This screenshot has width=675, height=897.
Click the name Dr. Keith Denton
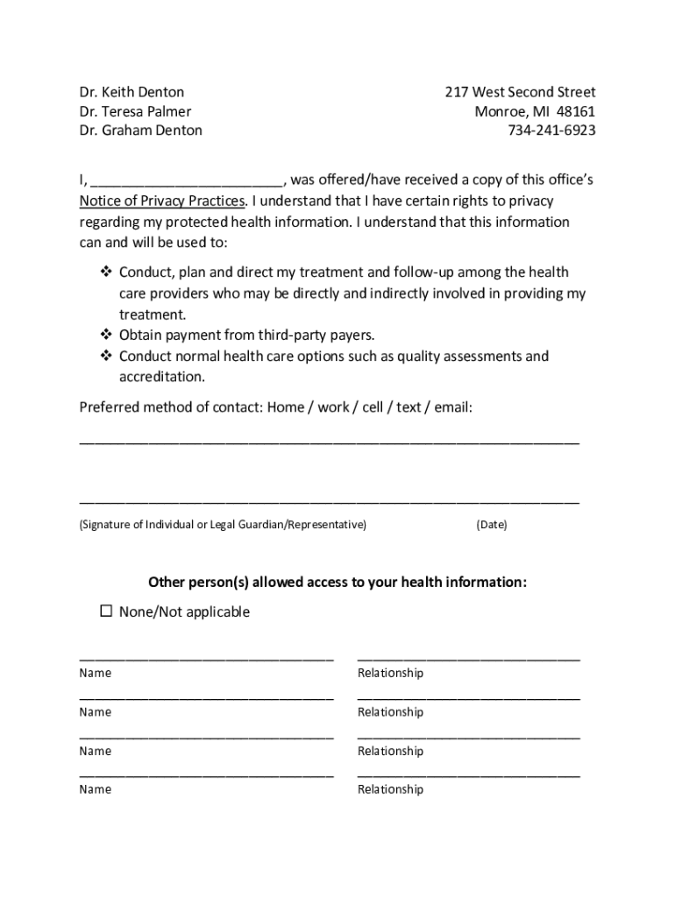point(131,92)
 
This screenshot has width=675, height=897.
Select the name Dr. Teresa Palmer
point(135,111)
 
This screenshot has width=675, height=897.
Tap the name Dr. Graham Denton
point(140,131)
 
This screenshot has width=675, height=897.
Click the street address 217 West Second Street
point(520,92)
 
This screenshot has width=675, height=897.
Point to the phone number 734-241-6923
point(551,131)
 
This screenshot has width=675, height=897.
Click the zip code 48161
point(576,111)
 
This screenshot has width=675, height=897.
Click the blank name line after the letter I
point(187,181)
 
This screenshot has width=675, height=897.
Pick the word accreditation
point(162,378)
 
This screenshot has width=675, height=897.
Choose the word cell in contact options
point(373,407)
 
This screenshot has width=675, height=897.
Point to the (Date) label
point(492,525)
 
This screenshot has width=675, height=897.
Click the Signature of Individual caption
point(223,525)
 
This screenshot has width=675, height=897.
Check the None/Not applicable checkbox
point(106,611)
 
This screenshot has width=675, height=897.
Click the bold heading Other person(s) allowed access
point(337,583)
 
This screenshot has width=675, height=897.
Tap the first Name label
point(96,674)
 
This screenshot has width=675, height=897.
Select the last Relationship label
point(390,789)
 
